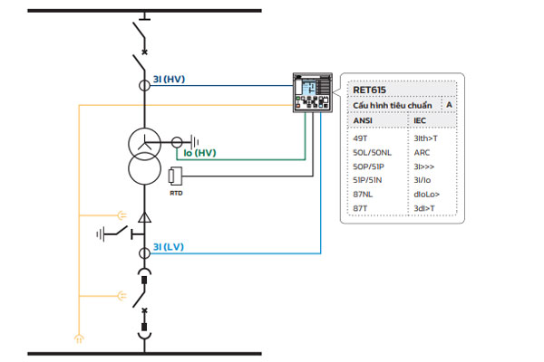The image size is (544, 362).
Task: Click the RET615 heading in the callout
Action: [x=369, y=90]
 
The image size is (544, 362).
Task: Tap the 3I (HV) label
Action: [x=169, y=80]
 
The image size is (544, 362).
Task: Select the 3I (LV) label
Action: [x=169, y=247]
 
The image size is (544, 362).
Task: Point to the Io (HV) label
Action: [x=199, y=153]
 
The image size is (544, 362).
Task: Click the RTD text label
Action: [x=176, y=193]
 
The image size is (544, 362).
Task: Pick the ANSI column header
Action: [x=363, y=120]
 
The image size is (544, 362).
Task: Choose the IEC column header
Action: [x=420, y=120]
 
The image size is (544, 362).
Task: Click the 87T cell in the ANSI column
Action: [x=360, y=208]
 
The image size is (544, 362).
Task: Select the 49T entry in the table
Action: [x=360, y=138]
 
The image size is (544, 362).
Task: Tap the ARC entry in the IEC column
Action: [x=422, y=152]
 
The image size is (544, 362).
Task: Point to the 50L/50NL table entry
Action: [x=372, y=152]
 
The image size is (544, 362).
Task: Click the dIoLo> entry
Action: [x=426, y=194]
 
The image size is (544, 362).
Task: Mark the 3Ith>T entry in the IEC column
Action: [x=425, y=138]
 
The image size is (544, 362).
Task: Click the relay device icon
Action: [x=313, y=92]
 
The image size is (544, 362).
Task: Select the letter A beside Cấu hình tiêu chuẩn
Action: [x=449, y=105]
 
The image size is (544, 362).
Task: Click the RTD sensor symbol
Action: [x=175, y=176]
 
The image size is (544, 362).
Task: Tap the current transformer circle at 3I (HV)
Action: [x=145, y=85]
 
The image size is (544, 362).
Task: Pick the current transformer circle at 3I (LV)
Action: [x=145, y=253]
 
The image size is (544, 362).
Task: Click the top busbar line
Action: [x=144, y=11]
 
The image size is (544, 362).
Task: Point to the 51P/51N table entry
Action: [x=367, y=180]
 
